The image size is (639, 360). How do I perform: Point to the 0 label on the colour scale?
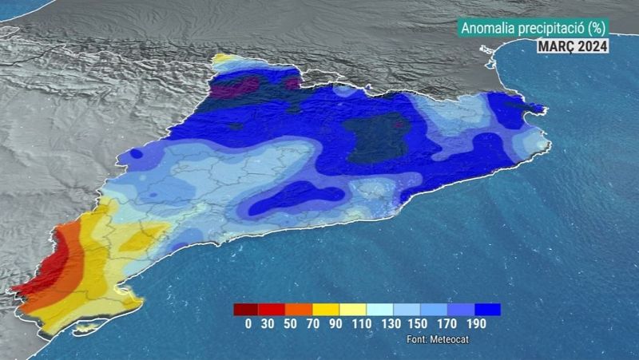pyautogui.click(x=248, y=323)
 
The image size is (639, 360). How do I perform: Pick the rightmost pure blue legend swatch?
pyautogui.click(x=487, y=310)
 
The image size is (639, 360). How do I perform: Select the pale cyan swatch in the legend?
pyautogui.click(x=380, y=310)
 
